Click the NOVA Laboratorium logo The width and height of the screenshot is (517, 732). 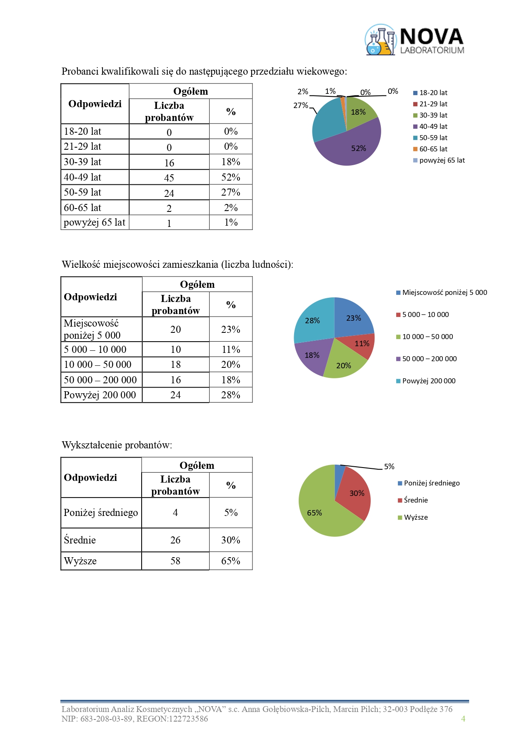pos(415,40)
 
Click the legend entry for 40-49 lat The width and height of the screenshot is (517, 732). pos(433,126)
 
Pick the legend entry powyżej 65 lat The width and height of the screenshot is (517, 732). pos(442,160)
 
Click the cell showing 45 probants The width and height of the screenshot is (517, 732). pos(169,178)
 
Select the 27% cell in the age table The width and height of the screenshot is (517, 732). pos(231,192)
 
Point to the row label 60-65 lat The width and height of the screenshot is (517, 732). pos(82,208)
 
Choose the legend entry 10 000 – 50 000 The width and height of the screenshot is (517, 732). pos(427,337)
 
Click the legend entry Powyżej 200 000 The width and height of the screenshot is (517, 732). pos(429,381)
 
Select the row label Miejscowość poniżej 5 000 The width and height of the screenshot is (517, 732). pos(92,329)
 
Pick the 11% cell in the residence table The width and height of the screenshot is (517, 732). pos(231,350)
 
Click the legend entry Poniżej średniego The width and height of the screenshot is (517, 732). pos(432,483)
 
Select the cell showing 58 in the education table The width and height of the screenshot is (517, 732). pos(175,561)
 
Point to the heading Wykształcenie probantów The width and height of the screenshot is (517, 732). pos(117,445)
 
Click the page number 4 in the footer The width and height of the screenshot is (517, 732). pos(463,718)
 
